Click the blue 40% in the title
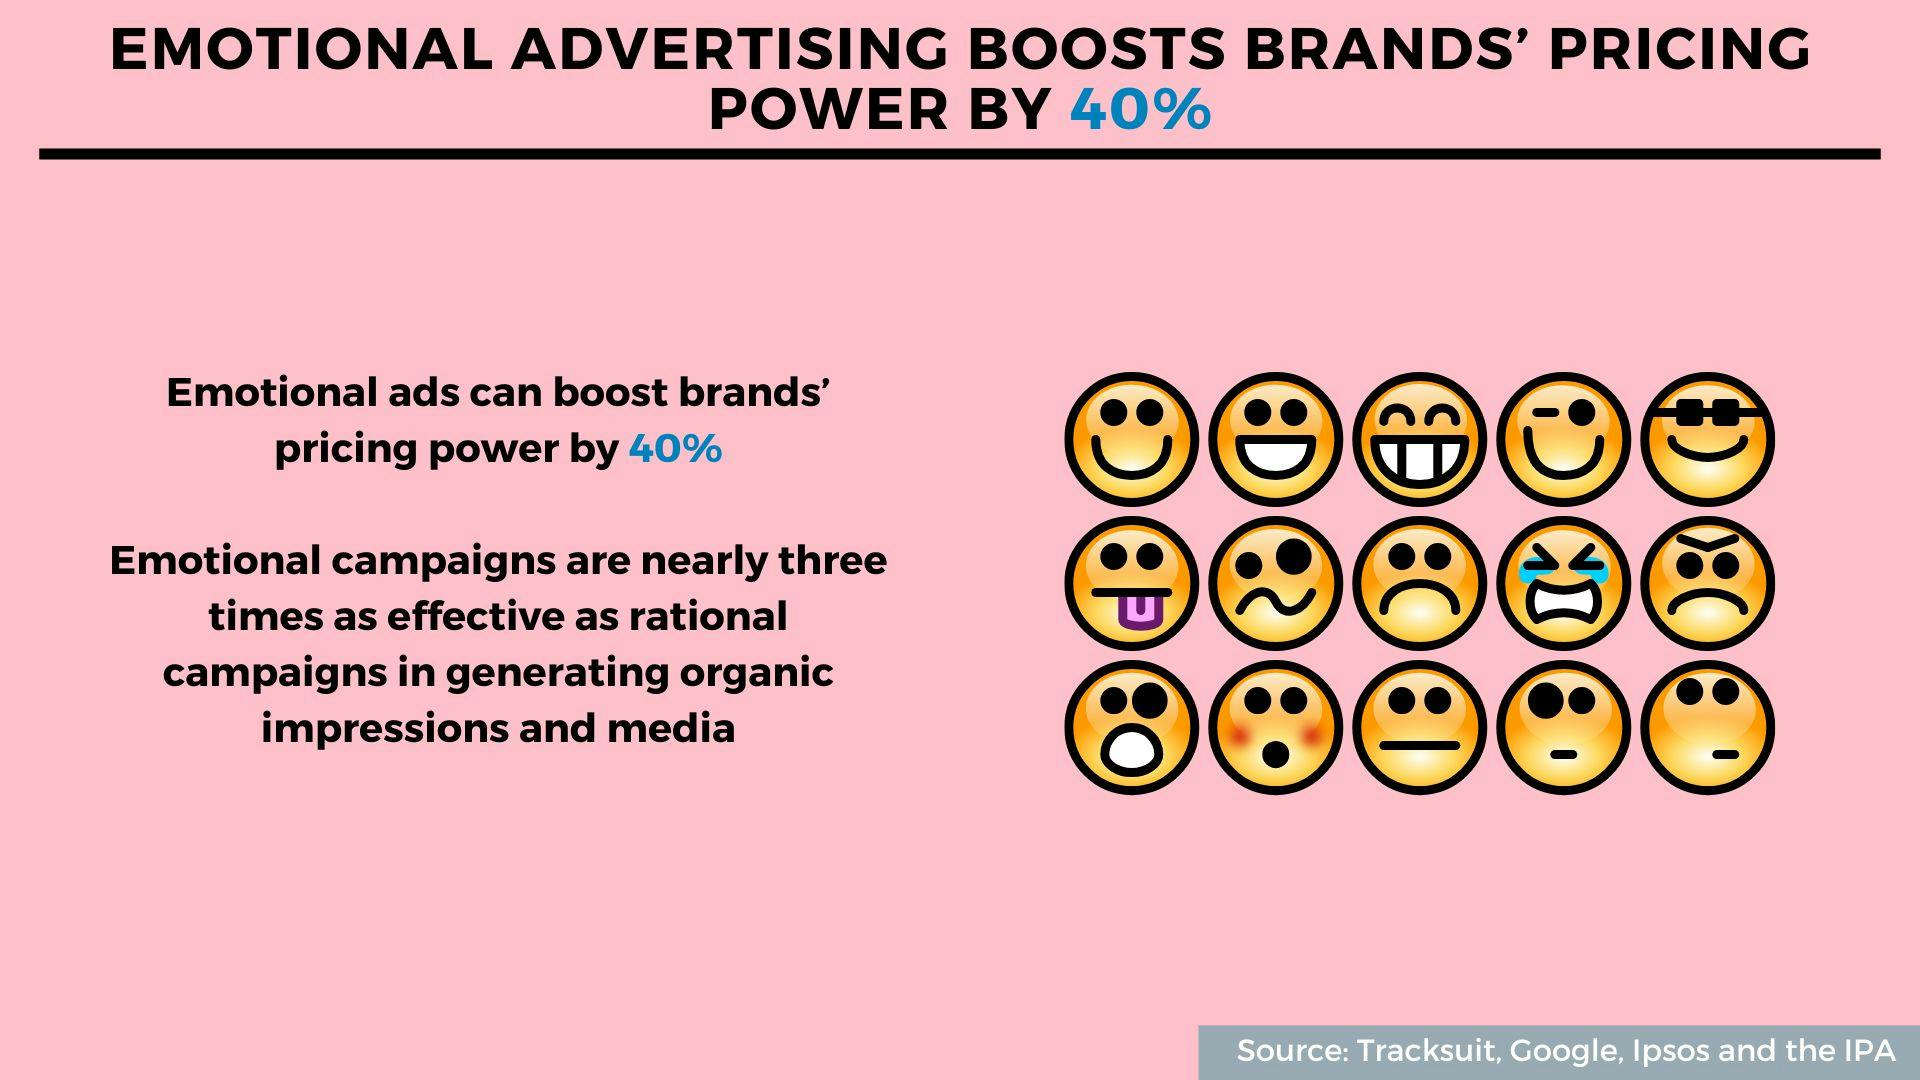tap(1140, 109)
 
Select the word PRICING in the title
tap(1679, 49)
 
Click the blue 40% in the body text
tap(675, 448)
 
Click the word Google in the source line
tap(1562, 1052)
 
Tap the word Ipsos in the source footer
tap(1671, 1052)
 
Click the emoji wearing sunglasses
tap(1707, 439)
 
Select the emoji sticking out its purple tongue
tap(1131, 583)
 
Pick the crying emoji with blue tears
tap(1563, 583)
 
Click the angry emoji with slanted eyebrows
tap(1707, 583)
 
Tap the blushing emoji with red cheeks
tap(1275, 727)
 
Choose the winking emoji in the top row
tap(1563, 439)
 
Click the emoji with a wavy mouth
tap(1275, 583)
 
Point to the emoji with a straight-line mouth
tap(1419, 727)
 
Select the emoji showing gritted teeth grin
tap(1419, 439)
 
